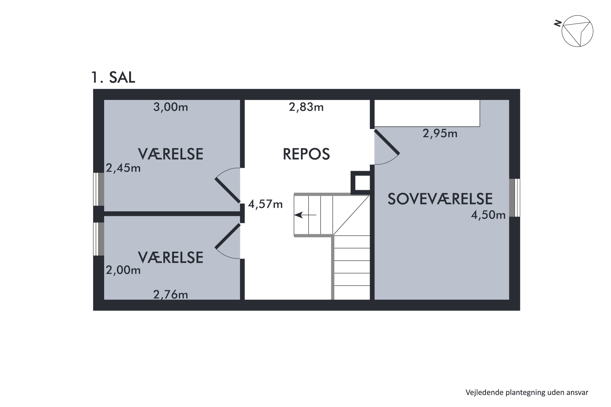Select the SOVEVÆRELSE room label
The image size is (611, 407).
click(440, 199)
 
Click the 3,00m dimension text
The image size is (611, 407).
click(170, 107)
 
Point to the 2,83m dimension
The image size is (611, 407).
click(306, 107)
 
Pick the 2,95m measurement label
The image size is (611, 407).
click(440, 133)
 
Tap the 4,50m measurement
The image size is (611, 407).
click(488, 215)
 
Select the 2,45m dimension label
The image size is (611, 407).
click(123, 168)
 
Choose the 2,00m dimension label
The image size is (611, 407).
click(123, 270)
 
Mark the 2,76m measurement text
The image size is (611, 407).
click(170, 295)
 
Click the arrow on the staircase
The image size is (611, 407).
click(305, 215)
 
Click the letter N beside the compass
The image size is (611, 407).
click(558, 24)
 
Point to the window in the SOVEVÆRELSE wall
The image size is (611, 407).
click(514, 198)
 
